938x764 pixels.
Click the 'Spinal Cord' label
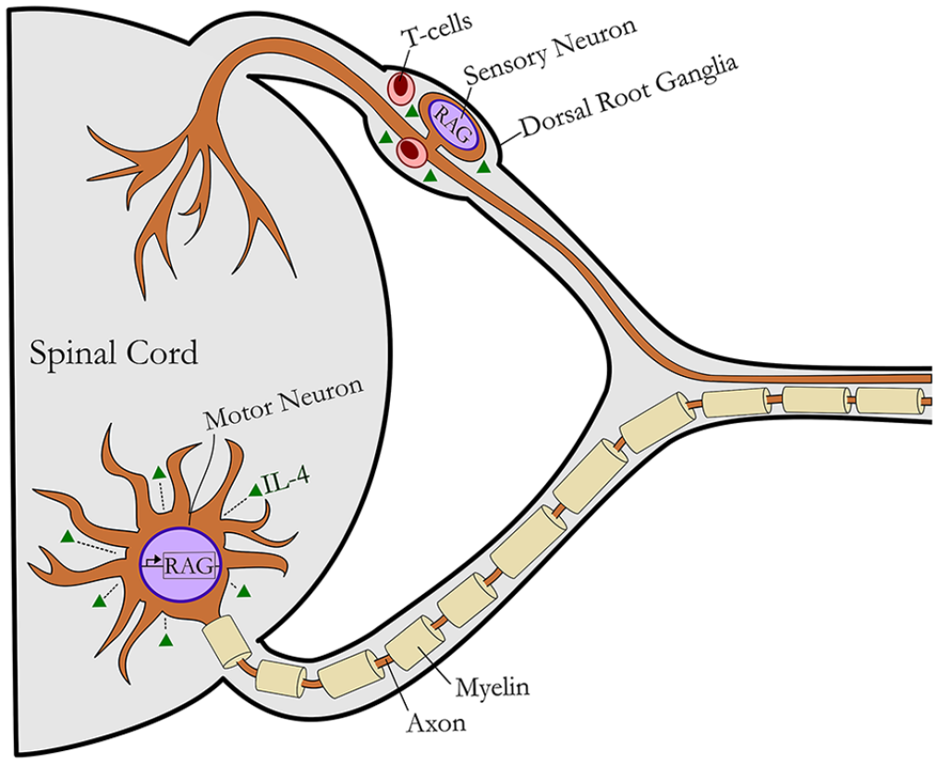coord(114,353)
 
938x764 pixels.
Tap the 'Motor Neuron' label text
coord(284,405)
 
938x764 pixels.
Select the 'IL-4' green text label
coord(286,480)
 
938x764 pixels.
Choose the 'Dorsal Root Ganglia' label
coord(628,97)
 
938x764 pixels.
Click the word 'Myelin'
coord(493,687)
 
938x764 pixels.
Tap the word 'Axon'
coord(436,723)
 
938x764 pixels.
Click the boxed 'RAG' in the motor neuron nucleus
coord(189,565)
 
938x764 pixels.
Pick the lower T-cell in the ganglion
coord(411,152)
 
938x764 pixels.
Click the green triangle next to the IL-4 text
coord(255,491)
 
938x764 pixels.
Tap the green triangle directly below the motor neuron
coord(166,640)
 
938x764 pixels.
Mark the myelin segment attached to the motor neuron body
coord(226,643)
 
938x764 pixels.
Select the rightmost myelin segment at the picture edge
coord(890,401)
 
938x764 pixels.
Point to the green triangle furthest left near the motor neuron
coord(68,537)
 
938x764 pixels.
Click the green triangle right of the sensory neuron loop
coord(483,167)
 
